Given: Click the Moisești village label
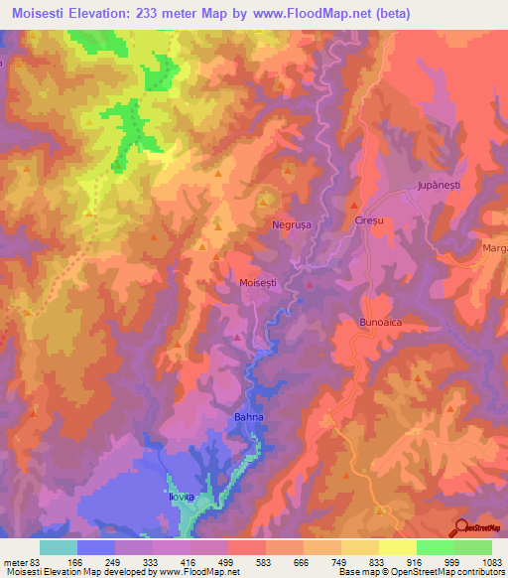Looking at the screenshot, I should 258,283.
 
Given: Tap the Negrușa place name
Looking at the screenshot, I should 292,225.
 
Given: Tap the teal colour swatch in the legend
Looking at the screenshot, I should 58,547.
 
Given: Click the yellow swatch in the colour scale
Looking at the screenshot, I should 397,547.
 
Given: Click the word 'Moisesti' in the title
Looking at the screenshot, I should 41,14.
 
